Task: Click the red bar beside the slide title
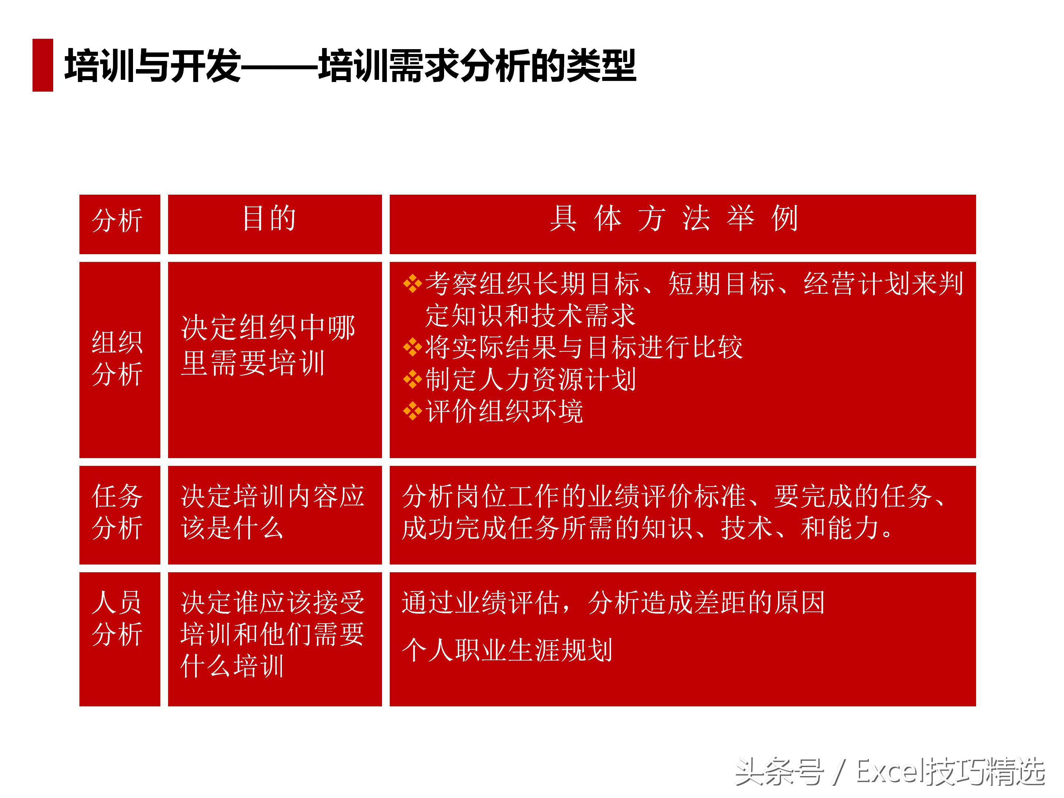[x=42, y=65]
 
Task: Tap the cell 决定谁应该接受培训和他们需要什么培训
[x=272, y=634]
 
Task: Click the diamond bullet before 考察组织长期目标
[x=412, y=283]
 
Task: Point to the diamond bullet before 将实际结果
[x=412, y=347]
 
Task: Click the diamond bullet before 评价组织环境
[x=412, y=411]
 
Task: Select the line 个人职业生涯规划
[x=507, y=650]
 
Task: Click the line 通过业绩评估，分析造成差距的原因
[x=613, y=603]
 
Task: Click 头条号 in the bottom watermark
[x=779, y=771]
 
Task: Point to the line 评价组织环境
[x=504, y=412]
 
